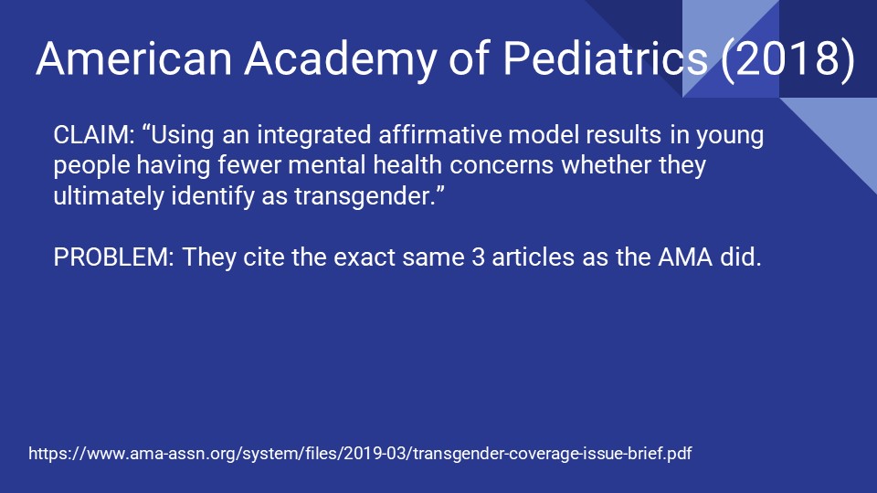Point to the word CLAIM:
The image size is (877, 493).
94,137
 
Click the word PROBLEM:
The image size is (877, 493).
114,257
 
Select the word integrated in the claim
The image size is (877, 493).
307,137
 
